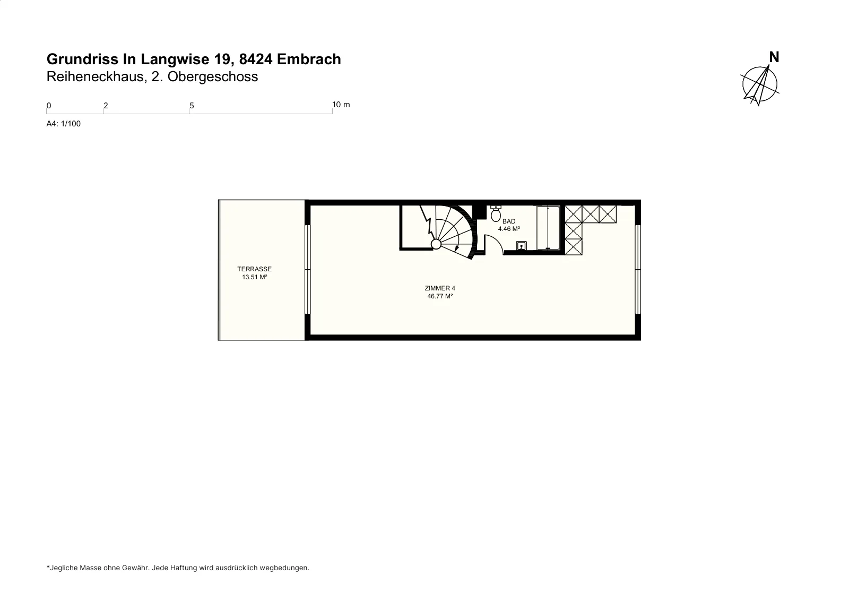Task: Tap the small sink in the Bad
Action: click(521, 246)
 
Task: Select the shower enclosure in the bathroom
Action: click(548, 228)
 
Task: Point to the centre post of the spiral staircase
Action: click(436, 244)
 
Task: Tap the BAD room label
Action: click(509, 221)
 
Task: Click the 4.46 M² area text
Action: click(509, 229)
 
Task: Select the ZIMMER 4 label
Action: click(440, 288)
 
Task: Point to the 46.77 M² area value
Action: click(440, 296)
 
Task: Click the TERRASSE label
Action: click(254, 269)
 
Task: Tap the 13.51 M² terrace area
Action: click(254, 277)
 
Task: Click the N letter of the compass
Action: click(774, 57)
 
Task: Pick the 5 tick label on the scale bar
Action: click(192, 106)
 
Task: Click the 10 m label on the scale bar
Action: click(341, 105)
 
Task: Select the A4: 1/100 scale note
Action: click(63, 124)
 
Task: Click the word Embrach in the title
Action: click(309, 59)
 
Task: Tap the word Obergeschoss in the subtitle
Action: click(213, 76)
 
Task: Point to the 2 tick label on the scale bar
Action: click(106, 106)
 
